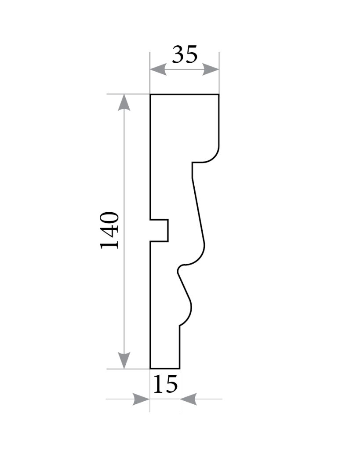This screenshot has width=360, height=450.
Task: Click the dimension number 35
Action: pyautogui.click(x=185, y=54)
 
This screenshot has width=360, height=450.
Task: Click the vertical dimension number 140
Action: pyautogui.click(x=109, y=230)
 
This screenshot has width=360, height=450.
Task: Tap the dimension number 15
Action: pyautogui.click(x=165, y=384)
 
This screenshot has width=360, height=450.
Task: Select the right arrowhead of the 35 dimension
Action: pyautogui.click(x=211, y=70)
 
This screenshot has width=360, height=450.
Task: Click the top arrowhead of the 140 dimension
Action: pyautogui.click(x=124, y=102)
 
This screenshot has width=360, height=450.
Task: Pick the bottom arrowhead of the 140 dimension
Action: pyautogui.click(x=124, y=360)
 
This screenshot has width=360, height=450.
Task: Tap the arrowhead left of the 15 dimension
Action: pyautogui.click(x=141, y=399)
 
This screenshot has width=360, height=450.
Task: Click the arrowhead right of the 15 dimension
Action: pyautogui.click(x=189, y=399)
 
